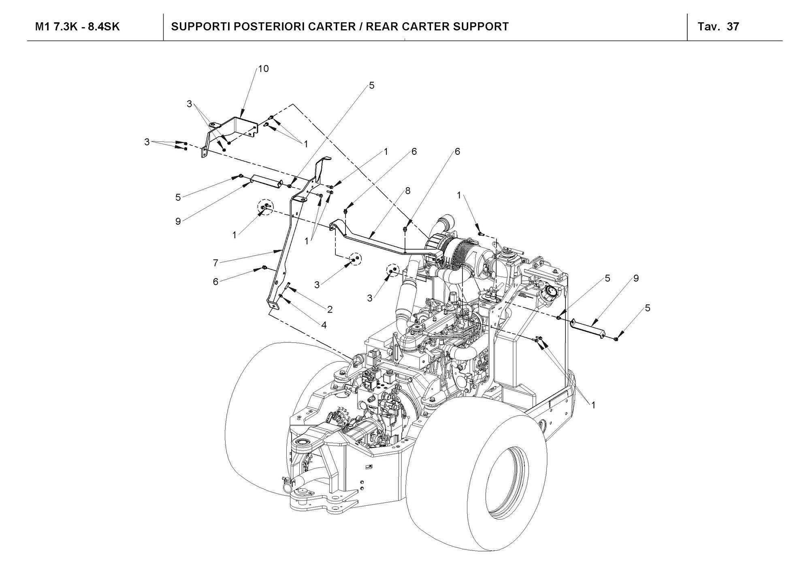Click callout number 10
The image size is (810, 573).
pyautogui.click(x=263, y=69)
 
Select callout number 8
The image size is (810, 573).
pyautogui.click(x=407, y=191)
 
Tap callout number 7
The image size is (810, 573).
pyautogui.click(x=216, y=263)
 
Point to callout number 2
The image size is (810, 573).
pyautogui.click(x=330, y=310)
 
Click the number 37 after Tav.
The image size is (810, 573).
pyautogui.click(x=733, y=27)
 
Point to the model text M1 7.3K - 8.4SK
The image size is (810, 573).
pyautogui.click(x=77, y=27)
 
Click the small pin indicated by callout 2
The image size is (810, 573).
pyautogui.click(x=287, y=286)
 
